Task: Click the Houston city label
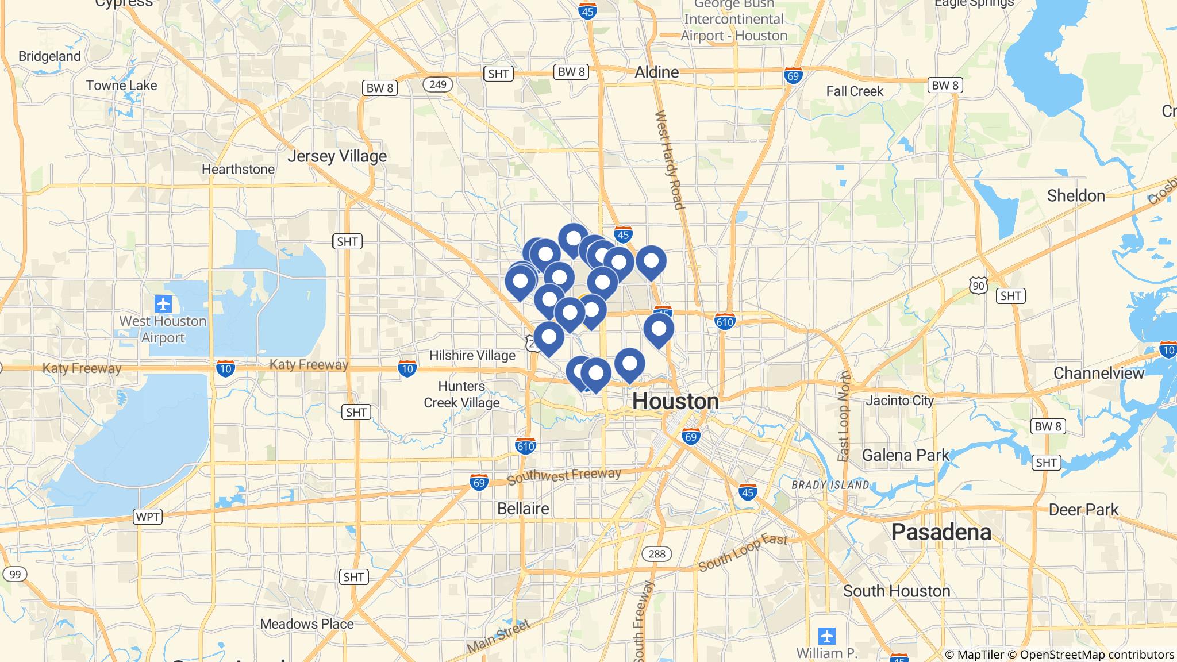(x=675, y=401)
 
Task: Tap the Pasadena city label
(x=941, y=532)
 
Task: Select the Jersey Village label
(x=337, y=156)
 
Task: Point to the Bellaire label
(x=523, y=509)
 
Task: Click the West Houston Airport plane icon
(x=163, y=303)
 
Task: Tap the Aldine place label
(x=656, y=72)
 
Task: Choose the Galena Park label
(x=906, y=455)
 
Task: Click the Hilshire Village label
(x=472, y=356)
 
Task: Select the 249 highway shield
(x=437, y=84)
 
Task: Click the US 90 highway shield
(x=978, y=285)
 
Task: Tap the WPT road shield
(x=147, y=517)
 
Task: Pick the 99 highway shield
(x=15, y=574)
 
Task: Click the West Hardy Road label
(x=670, y=160)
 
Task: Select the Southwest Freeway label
(x=564, y=476)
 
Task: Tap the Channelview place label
(x=1098, y=374)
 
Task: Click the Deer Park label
(x=1083, y=510)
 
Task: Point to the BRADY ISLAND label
(x=830, y=485)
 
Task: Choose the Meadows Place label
(x=306, y=624)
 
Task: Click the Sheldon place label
(x=1075, y=196)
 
